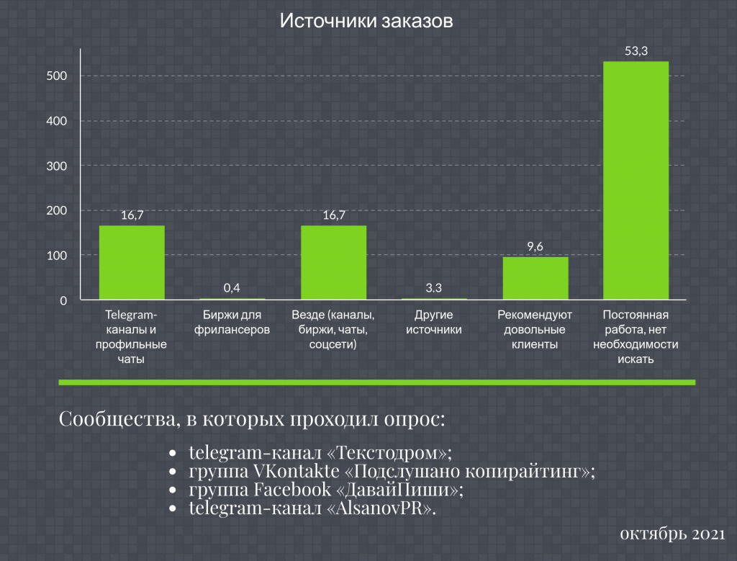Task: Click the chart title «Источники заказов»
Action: click(366, 21)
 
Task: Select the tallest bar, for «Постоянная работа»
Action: click(636, 180)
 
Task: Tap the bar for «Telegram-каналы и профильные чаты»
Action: click(132, 263)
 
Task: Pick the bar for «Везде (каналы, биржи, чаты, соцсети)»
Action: click(333, 263)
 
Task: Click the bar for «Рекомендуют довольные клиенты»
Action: click(535, 278)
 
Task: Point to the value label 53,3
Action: click(636, 50)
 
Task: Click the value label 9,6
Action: click(535, 246)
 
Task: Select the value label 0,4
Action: click(232, 288)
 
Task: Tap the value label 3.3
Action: click(433, 288)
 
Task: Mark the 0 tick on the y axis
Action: click(63, 300)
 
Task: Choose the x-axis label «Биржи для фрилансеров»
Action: click(232, 323)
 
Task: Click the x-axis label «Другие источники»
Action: click(433, 323)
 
